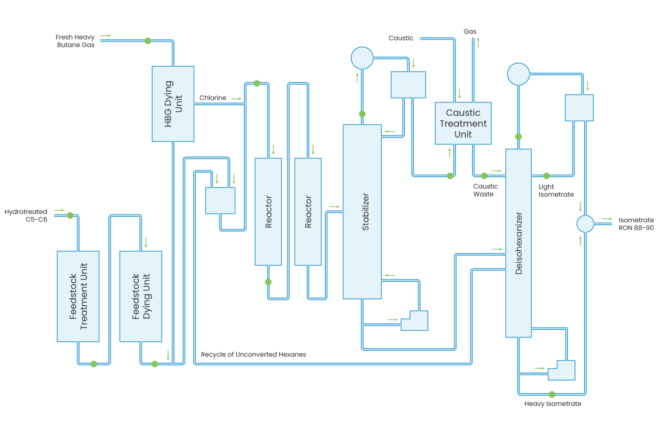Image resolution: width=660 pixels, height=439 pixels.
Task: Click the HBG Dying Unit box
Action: (173, 104)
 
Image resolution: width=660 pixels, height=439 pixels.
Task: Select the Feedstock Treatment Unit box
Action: (78, 296)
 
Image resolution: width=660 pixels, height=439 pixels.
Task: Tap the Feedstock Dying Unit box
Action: (141, 296)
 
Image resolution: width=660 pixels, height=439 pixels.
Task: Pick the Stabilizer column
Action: (362, 212)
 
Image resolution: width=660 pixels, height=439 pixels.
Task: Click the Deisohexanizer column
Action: (518, 243)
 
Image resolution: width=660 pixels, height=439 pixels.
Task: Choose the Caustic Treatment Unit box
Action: (463, 123)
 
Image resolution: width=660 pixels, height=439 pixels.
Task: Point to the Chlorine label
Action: (213, 98)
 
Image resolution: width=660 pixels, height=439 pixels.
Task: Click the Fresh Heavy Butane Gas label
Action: (76, 41)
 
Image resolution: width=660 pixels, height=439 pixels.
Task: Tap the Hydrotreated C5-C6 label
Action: (26, 215)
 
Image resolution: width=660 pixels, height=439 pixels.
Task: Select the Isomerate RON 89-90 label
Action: (636, 224)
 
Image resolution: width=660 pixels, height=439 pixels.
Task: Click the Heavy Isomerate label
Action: (553, 404)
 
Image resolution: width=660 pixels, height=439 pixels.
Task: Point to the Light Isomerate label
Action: (556, 190)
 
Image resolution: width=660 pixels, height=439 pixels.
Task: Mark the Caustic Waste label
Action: (485, 190)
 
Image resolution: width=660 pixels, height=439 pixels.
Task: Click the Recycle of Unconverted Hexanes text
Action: (253, 355)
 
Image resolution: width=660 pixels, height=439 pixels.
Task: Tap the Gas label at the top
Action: (470, 32)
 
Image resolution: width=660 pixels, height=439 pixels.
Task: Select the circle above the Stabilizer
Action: (362, 58)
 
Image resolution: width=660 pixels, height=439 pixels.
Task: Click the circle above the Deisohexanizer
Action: (518, 74)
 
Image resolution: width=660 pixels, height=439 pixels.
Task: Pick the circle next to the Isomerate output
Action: (585, 224)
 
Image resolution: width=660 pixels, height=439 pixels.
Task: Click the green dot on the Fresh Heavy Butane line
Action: (147, 41)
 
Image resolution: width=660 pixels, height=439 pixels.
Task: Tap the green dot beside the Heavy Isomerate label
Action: (552, 394)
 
